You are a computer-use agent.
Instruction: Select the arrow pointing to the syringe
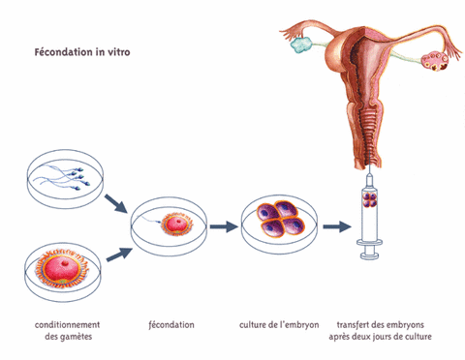[337, 227]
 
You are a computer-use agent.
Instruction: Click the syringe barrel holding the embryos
[371, 213]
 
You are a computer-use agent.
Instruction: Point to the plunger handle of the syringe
[371, 255]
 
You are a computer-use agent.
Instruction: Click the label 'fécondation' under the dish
[172, 324]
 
